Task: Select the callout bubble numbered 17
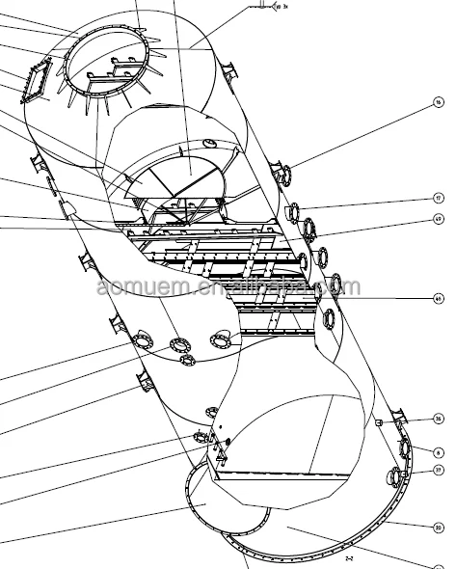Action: point(439,198)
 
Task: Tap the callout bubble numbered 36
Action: point(439,418)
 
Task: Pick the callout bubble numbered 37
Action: point(439,471)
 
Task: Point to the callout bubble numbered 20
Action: point(439,528)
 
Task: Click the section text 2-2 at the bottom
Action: point(352,557)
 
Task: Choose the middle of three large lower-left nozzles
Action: point(180,344)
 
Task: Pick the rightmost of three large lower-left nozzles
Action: point(221,339)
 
